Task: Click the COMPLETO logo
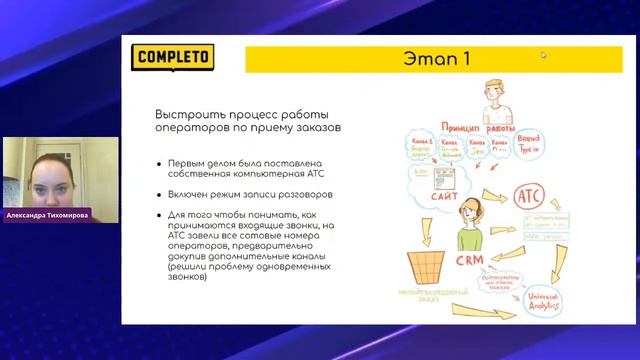(x=174, y=57)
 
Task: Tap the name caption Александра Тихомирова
(x=59, y=213)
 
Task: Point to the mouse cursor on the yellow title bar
(x=544, y=55)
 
